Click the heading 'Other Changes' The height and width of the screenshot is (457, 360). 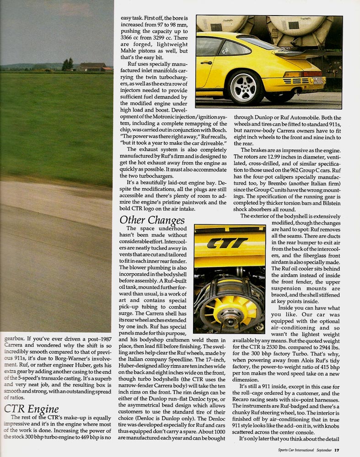[x=152, y=220]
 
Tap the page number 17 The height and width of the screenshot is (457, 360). [x=336, y=450]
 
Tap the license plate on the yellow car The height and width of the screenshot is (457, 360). [x=331, y=81]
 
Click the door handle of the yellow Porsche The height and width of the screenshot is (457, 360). [x=206, y=62]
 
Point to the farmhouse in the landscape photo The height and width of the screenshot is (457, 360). [x=91, y=67]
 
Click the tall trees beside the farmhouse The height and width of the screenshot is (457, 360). [x=68, y=64]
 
